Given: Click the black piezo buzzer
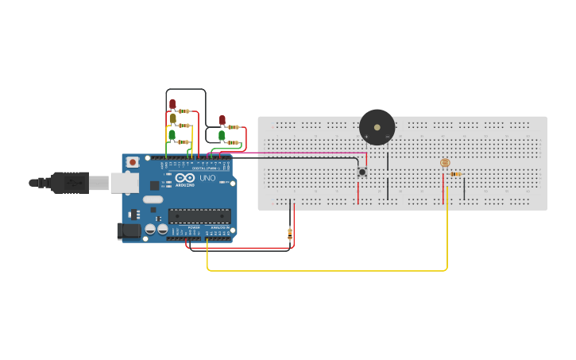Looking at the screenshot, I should pyautogui.click(x=377, y=127).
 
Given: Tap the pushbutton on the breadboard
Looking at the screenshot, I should pyautogui.click(x=362, y=172).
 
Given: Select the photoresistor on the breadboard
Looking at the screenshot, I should pyautogui.click(x=444, y=163).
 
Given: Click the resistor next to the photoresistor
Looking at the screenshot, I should pyautogui.click(x=455, y=174).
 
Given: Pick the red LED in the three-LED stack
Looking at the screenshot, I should pyautogui.click(x=172, y=104).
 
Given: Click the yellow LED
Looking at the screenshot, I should pyautogui.click(x=172, y=118).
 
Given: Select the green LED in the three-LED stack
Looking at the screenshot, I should pyautogui.click(x=172, y=135).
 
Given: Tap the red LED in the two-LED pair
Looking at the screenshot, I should pyautogui.click(x=222, y=121).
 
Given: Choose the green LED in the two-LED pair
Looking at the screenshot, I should pyautogui.click(x=222, y=136).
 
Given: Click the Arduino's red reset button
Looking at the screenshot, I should pyautogui.click(x=132, y=162).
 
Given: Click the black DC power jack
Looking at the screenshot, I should pyautogui.click(x=128, y=231).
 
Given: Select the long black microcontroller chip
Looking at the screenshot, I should pyautogui.click(x=199, y=215).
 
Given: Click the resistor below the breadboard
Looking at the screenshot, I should pyautogui.click(x=289, y=233).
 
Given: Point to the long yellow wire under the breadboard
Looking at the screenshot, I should pyautogui.click(x=326, y=271).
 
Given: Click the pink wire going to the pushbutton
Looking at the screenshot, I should pyautogui.click(x=302, y=153).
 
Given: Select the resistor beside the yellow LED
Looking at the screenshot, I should pyautogui.click(x=184, y=126).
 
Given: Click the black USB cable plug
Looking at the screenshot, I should pyautogui.click(x=72, y=183).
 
